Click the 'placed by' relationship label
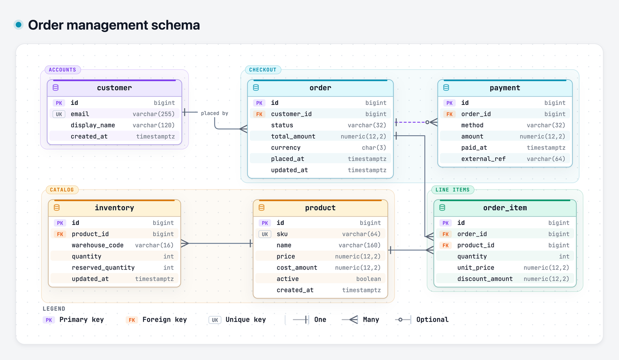coord(214,113)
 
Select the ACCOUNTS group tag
coord(62,70)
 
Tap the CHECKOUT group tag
coord(263,70)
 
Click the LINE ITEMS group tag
coord(452,190)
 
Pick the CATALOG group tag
coord(62,190)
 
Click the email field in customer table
coord(80,114)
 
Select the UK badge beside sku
coord(265,234)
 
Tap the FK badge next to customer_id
coord(259,114)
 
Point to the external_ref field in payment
coord(483,159)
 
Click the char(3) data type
coord(374,148)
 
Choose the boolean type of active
coord(368,279)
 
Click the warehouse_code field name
coord(97,245)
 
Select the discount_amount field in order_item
coord(485,279)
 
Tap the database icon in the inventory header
coord(56,208)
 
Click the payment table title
coord(505,88)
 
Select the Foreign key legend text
coord(165,320)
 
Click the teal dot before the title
coord(19,25)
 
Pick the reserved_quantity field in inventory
coord(103,268)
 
